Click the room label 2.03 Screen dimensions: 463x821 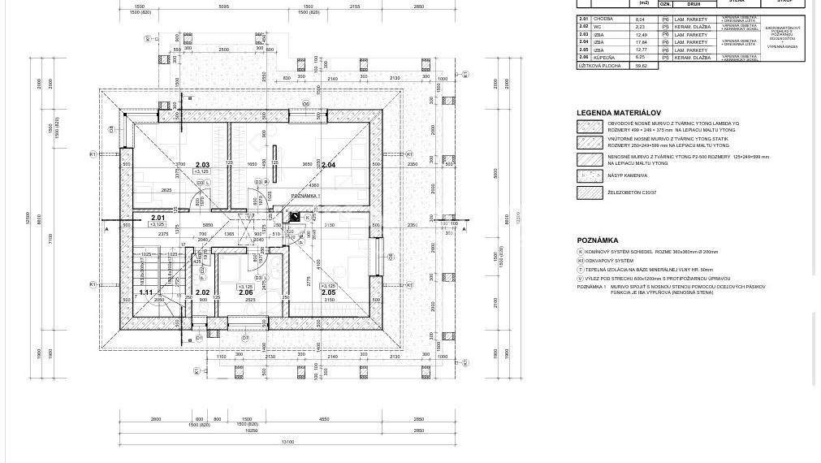coord(202,165)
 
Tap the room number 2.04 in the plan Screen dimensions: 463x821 coord(328,165)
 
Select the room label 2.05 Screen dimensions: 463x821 coord(328,292)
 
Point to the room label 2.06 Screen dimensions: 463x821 coord(245,292)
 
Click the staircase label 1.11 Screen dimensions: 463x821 coord(146,292)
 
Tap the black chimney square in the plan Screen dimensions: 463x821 coord(295,217)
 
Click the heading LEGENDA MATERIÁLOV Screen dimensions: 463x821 coord(619,113)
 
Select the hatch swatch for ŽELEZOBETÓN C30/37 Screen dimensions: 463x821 coord(590,193)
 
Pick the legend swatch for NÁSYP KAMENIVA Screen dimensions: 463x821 coord(590,175)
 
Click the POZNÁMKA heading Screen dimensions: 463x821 coord(598,240)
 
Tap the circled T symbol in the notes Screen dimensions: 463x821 coord(581,270)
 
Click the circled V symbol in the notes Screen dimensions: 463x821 coord(581,279)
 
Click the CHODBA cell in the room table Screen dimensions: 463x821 coord(603,19)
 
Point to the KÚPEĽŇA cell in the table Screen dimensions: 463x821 coord(604,58)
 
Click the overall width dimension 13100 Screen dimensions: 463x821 coord(287,442)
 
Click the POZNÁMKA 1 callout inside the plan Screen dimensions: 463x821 coord(305,196)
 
